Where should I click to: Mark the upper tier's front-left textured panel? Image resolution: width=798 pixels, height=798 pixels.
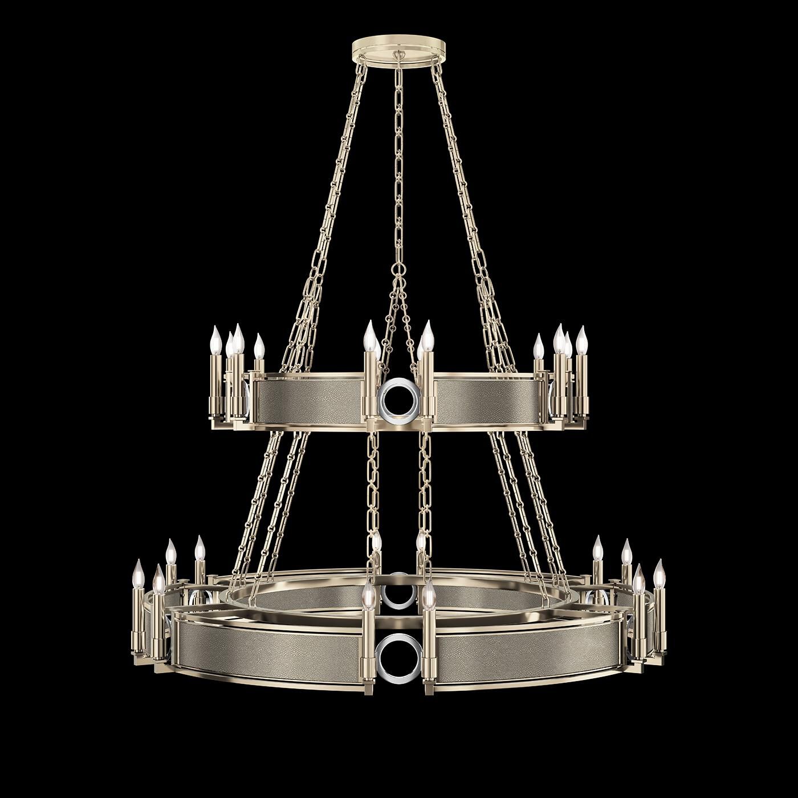point(311,400)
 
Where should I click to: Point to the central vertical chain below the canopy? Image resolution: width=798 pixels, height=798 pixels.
point(398,171)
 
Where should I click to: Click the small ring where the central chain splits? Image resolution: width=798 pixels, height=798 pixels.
point(398,268)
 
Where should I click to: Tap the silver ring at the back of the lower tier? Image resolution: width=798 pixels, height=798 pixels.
point(398,593)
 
